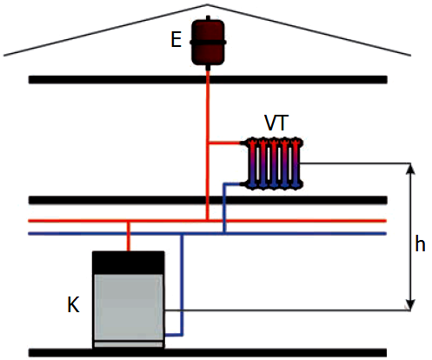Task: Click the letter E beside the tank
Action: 176,39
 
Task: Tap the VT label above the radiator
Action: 276,123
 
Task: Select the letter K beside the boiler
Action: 73,304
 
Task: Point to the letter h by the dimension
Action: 420,243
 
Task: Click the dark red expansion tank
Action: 208,43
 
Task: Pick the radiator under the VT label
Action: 274,163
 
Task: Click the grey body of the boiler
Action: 129,307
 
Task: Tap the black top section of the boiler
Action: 129,263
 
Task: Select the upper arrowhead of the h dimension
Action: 410,169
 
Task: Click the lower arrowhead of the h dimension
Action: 410,304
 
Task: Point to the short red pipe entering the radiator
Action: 224,143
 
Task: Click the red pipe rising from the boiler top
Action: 129,237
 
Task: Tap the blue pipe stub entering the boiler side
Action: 174,335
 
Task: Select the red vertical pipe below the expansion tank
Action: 208,145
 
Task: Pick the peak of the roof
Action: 207,4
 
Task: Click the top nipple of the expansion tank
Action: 208,18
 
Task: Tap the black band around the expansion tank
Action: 208,43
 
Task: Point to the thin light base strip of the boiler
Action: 129,344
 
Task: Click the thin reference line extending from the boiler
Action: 288,310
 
